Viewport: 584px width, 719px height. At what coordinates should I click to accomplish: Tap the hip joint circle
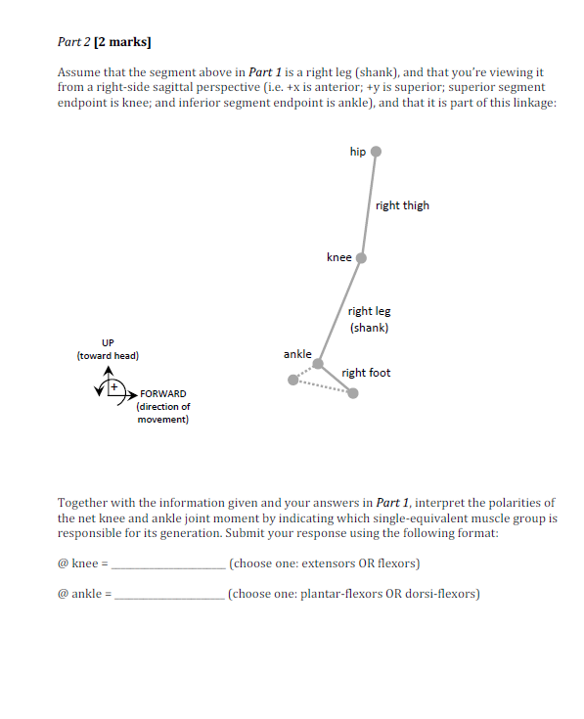point(376,152)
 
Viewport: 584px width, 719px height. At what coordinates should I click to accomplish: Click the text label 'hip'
point(357,152)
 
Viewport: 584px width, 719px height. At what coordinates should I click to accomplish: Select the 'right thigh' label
point(402,205)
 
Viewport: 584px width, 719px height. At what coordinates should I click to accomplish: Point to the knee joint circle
point(361,258)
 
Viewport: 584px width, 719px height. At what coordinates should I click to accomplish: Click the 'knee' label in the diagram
point(338,257)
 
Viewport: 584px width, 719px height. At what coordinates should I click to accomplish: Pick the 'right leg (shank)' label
point(369,319)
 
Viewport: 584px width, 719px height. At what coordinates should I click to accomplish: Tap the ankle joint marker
point(318,364)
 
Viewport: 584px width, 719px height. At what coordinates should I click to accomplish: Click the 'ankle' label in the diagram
point(297,354)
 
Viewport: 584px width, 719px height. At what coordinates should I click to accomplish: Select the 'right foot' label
point(366,373)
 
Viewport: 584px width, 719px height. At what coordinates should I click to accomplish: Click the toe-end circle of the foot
point(353,393)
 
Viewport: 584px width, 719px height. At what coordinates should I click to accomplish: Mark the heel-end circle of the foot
point(292,381)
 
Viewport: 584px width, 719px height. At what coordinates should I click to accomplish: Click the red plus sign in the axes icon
point(114,388)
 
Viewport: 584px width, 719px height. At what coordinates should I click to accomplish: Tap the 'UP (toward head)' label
point(108,349)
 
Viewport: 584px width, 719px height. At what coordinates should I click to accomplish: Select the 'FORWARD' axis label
point(163,394)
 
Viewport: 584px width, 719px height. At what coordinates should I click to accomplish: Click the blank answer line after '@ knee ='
point(169,564)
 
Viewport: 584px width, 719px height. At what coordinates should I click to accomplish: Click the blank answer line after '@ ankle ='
point(169,593)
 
